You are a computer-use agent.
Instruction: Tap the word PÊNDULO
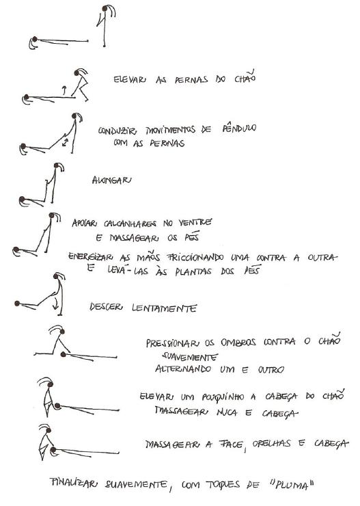click(x=239, y=128)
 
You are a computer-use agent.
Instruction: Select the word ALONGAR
click(x=111, y=180)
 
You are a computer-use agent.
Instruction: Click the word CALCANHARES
click(x=130, y=224)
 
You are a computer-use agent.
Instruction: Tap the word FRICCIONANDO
click(x=195, y=257)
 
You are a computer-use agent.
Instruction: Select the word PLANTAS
click(x=193, y=271)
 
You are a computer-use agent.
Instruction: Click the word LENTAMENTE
click(x=165, y=308)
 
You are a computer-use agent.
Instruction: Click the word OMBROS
click(x=238, y=342)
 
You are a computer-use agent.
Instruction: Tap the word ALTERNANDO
click(x=183, y=369)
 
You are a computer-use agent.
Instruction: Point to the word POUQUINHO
click(x=223, y=397)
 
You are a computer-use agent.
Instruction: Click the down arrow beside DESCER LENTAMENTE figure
click(x=57, y=303)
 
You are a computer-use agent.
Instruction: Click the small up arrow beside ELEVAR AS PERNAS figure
click(x=64, y=90)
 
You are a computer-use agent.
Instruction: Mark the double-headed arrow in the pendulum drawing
click(x=66, y=142)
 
